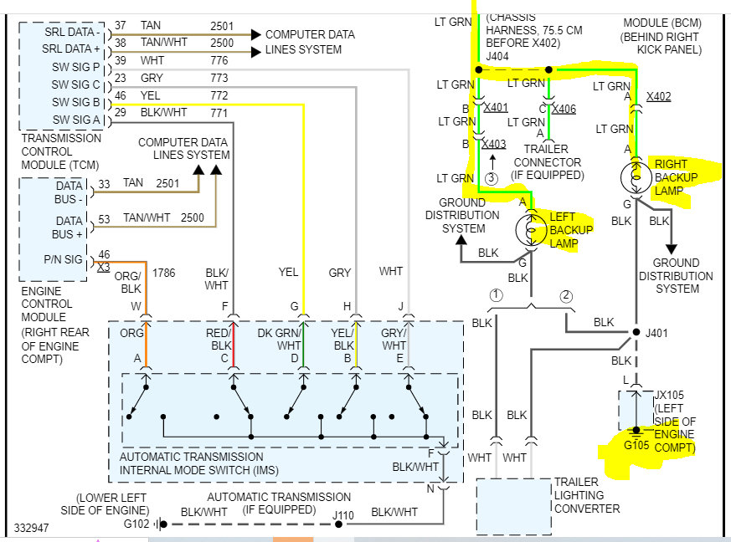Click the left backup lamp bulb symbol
tap(528, 228)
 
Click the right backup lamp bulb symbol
tap(635, 177)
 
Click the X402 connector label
tap(658, 97)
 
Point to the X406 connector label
tap(564, 109)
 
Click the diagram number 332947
tap(32, 529)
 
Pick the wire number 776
tap(219, 61)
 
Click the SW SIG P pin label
tap(75, 67)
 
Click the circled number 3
tap(492, 178)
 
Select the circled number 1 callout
tap(496, 294)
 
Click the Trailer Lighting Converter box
tap(512, 505)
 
